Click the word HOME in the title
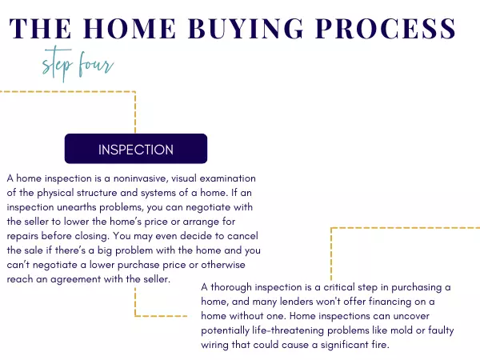click(x=130, y=29)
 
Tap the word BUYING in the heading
click(x=246, y=29)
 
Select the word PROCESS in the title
click(x=386, y=29)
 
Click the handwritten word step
click(x=58, y=64)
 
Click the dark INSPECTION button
click(x=136, y=149)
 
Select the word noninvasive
click(x=140, y=178)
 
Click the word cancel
click(x=242, y=236)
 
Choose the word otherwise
click(x=223, y=265)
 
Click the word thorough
click(x=231, y=287)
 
